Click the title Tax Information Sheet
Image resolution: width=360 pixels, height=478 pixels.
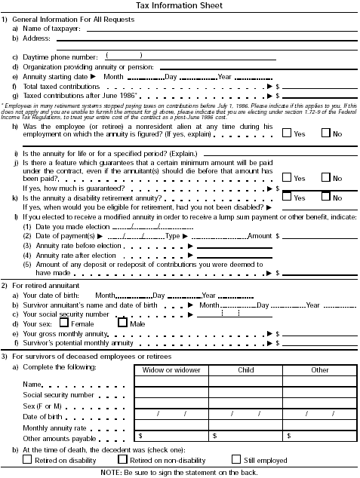pyautogui.click(x=179, y=5)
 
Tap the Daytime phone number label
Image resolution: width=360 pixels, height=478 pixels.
pyautogui.click(x=60, y=57)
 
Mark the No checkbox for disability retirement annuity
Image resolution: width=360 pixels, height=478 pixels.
pyautogui.click(x=326, y=197)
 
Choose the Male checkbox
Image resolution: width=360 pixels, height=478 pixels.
pyautogui.click(x=123, y=323)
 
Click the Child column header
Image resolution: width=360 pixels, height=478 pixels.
pyautogui.click(x=246, y=370)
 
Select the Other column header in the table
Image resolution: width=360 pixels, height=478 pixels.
pyautogui.click(x=320, y=370)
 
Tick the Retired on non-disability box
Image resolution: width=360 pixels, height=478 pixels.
pyautogui.click(x=123, y=460)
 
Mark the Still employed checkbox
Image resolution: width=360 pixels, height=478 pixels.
pyautogui.click(x=236, y=460)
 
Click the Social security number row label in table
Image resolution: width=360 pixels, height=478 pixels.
pyautogui.click(x=58, y=394)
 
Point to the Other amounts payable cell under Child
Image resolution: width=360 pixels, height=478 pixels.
pyautogui.click(x=246, y=436)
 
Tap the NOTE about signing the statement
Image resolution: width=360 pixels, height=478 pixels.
pyautogui.click(x=179, y=472)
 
